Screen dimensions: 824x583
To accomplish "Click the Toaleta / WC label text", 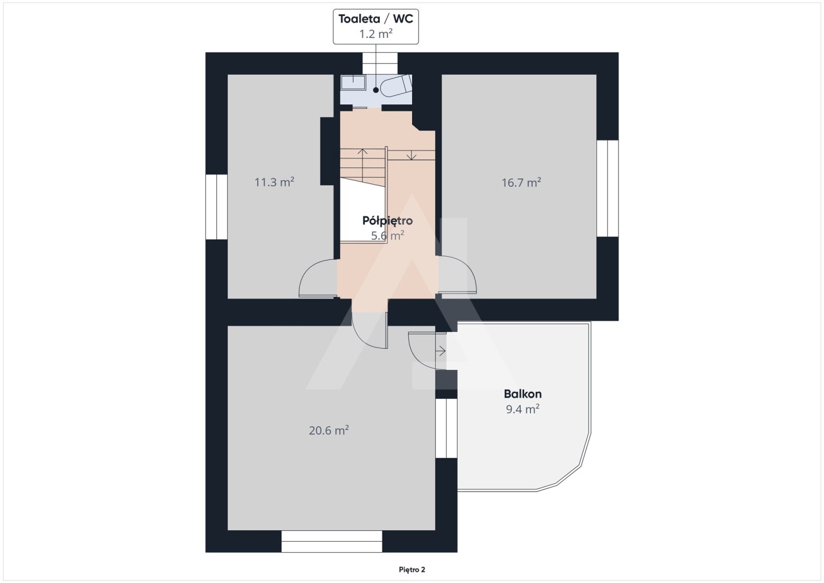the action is pyautogui.click(x=375, y=19).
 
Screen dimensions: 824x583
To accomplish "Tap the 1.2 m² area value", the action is pyautogui.click(x=375, y=34).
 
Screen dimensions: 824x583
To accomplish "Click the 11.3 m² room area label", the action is pyautogui.click(x=274, y=182).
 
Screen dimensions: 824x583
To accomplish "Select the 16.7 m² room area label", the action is pyautogui.click(x=521, y=182).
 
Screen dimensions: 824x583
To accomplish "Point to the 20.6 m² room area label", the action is pyautogui.click(x=329, y=430).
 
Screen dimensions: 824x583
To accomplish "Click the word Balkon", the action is pyautogui.click(x=523, y=394).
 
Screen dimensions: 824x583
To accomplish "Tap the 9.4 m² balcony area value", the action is pyautogui.click(x=523, y=409).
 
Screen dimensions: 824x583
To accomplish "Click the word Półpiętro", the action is pyautogui.click(x=388, y=221).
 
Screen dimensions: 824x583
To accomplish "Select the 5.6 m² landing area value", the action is pyautogui.click(x=388, y=236).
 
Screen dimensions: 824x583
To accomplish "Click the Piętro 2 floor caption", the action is pyautogui.click(x=412, y=569).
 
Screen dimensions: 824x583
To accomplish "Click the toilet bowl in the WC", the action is pyautogui.click(x=396, y=86).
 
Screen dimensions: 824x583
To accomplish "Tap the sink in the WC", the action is pyautogui.click(x=353, y=82).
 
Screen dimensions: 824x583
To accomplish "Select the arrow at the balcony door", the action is pyautogui.click(x=440, y=351).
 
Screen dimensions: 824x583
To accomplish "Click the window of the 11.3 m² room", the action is pyautogui.click(x=216, y=207).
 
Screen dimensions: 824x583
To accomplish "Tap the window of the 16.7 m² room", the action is pyautogui.click(x=607, y=189).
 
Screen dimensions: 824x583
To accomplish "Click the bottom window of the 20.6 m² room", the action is pyautogui.click(x=332, y=541).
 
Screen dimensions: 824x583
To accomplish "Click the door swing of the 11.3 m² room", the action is pyautogui.click(x=318, y=278).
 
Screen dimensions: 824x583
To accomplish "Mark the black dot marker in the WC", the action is pyautogui.click(x=375, y=90).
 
